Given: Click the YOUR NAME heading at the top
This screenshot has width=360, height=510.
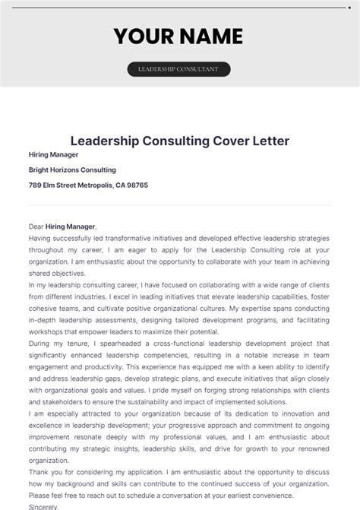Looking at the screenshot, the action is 179,36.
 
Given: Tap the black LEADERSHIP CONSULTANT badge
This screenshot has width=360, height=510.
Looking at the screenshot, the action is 178,69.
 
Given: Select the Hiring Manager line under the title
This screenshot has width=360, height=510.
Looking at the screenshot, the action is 54,154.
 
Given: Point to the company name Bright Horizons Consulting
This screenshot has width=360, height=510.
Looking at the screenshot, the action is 72,169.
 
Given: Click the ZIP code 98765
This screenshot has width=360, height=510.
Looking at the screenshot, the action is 137,185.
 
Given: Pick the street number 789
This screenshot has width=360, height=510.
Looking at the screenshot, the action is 36,185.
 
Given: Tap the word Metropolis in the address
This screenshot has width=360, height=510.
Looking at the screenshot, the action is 89,185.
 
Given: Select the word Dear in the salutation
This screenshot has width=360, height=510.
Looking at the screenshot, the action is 36,226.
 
